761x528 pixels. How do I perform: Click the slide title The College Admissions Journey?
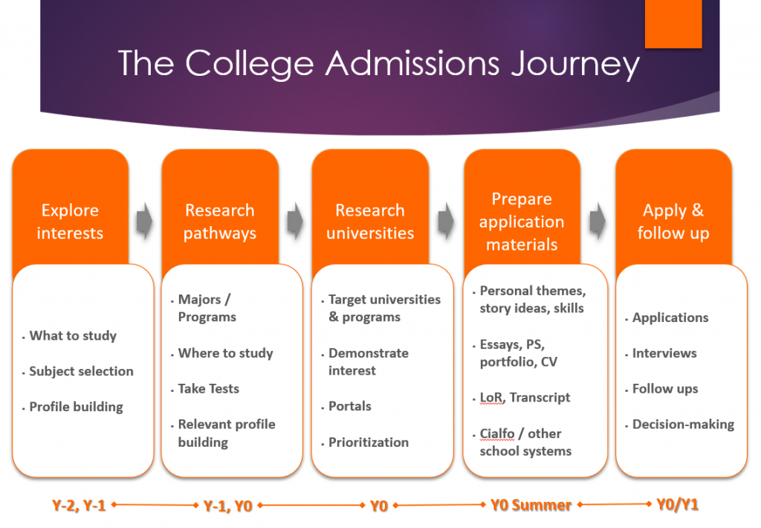tap(378, 63)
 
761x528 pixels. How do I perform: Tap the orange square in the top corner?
tap(673, 24)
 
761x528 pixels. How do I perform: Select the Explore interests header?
tap(70, 222)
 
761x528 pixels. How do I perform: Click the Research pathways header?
tap(220, 222)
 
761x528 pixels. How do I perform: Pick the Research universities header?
tap(370, 222)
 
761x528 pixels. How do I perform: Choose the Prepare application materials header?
tap(522, 222)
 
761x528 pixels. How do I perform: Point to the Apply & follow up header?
tap(673, 222)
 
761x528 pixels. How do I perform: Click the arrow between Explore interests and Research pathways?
tap(145, 222)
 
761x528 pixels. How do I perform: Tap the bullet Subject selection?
tap(81, 371)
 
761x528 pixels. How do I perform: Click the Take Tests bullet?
tap(208, 389)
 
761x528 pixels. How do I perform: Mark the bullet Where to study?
tap(225, 353)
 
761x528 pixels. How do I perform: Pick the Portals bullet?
tap(350, 407)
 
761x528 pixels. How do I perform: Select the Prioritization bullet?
tap(369, 442)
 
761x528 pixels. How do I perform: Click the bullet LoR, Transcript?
tap(525, 398)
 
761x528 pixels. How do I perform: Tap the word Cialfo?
tap(497, 434)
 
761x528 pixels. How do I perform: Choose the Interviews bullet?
tap(664, 353)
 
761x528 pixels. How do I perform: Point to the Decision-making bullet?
tap(683, 425)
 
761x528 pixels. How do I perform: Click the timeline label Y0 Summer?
tap(531, 506)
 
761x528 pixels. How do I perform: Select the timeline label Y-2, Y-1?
tap(79, 506)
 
